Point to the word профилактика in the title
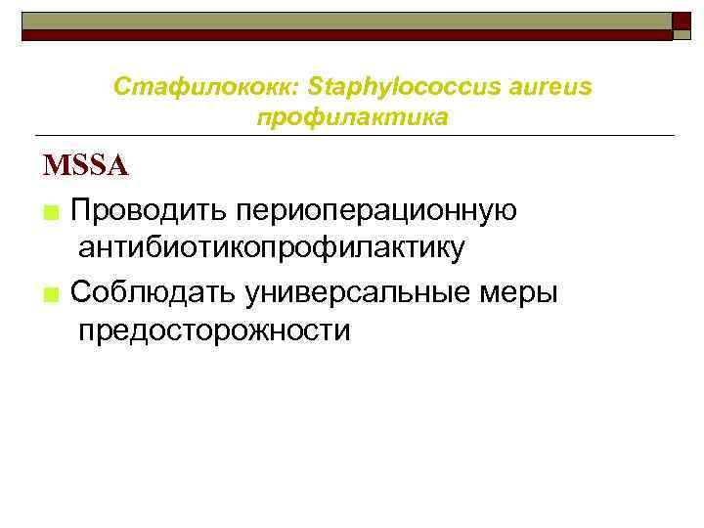352,117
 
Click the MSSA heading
85,166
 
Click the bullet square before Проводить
51,212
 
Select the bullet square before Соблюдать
51,294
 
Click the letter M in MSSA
55,166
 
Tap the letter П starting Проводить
81,209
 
